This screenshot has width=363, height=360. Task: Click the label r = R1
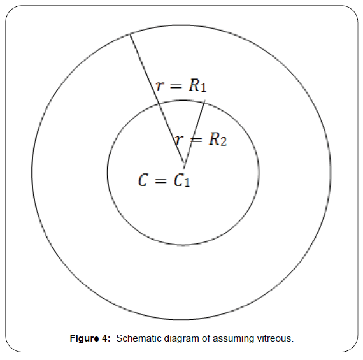[x=181, y=85]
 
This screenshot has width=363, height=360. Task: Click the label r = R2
[x=201, y=140]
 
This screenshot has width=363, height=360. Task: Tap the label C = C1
[x=164, y=180]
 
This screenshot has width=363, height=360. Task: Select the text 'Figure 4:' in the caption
[x=90, y=338]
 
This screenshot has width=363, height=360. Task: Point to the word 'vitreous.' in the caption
[x=275, y=338]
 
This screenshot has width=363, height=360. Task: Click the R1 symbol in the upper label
[x=197, y=85]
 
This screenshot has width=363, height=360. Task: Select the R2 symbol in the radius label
[x=218, y=140]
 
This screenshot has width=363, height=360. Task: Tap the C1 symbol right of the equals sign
[x=181, y=180]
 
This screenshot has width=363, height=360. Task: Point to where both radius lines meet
[x=184, y=164]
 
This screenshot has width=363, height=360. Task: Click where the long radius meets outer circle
[x=130, y=34]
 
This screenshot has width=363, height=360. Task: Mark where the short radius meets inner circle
[x=204, y=101]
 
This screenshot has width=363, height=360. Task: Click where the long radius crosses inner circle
[x=159, y=103]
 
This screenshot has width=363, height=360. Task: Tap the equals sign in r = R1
[x=176, y=86]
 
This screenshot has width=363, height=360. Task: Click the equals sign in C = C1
[x=160, y=180]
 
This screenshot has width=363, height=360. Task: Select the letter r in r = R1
[x=160, y=86]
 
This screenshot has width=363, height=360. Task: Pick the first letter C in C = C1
[x=143, y=180]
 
